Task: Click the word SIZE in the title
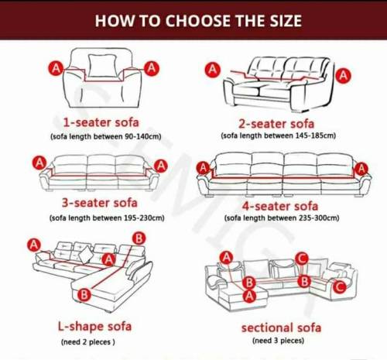click(286, 21)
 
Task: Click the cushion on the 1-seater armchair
click(102, 66)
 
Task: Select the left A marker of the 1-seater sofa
click(56, 68)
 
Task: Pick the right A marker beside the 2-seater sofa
click(344, 76)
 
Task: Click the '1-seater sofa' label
click(101, 122)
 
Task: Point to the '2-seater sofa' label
click(276, 124)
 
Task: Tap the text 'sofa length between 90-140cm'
click(106, 136)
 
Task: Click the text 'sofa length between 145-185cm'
click(279, 135)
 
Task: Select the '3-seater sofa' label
click(100, 203)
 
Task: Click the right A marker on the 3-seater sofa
click(161, 166)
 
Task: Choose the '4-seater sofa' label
click(280, 206)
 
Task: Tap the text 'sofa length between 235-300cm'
click(282, 218)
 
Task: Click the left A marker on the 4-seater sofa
click(204, 168)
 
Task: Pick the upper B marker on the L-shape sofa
click(139, 238)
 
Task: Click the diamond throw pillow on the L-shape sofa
click(87, 254)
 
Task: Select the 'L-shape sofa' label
click(94, 327)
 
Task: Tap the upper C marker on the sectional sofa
click(302, 259)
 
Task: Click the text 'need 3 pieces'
click(279, 341)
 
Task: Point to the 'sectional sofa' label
click(281, 327)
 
